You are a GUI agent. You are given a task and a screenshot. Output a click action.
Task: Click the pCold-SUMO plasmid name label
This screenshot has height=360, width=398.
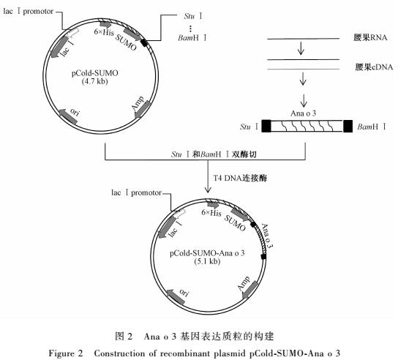94,73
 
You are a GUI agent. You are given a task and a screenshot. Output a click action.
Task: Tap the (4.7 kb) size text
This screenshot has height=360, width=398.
94,81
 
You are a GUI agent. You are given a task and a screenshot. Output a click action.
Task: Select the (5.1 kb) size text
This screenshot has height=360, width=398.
207,261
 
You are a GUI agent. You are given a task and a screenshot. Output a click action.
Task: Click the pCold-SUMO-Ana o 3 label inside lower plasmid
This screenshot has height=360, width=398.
207,253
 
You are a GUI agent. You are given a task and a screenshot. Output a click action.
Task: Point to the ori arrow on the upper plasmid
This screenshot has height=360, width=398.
68,117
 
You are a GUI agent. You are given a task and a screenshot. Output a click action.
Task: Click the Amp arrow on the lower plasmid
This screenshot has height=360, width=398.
250,290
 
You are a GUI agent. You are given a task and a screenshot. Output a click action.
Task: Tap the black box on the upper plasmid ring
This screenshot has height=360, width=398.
144,42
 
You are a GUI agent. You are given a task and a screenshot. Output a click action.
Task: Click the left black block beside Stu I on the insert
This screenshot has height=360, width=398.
266,126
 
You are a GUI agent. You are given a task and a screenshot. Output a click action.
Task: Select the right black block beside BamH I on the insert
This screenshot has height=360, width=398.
348,126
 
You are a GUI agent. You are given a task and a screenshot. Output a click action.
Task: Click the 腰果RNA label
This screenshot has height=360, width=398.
370,38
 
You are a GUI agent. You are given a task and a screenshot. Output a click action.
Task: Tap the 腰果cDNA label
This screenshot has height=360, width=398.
374,67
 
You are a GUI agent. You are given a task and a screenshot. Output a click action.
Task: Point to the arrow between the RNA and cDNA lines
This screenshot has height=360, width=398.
301,48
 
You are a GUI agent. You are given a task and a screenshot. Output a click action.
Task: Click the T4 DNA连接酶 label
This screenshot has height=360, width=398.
240,178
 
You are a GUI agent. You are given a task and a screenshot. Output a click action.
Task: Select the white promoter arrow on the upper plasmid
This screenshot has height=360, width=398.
73,33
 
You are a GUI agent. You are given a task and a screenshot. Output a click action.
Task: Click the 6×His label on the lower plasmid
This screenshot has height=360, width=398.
211,212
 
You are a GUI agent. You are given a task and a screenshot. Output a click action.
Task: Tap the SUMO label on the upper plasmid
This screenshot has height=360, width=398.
126,42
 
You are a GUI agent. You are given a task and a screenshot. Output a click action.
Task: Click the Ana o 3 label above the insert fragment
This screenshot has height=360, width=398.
304,113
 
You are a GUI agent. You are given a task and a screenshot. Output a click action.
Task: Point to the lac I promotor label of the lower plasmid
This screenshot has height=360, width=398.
136,192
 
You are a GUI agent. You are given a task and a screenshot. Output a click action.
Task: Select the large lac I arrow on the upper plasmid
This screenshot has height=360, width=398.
59,48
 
